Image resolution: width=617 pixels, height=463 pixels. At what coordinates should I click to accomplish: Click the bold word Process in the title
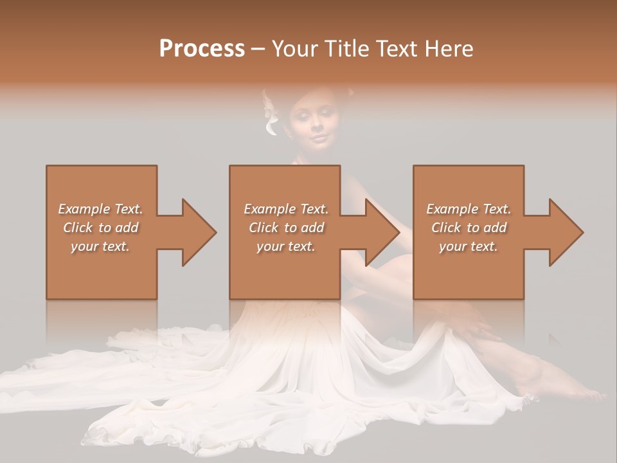click(x=202, y=49)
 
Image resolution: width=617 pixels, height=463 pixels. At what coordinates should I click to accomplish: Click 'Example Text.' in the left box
click(x=100, y=209)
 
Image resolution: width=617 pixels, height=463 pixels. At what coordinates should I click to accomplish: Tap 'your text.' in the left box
click(x=100, y=246)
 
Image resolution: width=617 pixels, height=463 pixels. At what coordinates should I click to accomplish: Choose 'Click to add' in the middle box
click(x=286, y=228)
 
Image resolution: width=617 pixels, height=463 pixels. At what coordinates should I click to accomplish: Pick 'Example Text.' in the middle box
click(x=286, y=209)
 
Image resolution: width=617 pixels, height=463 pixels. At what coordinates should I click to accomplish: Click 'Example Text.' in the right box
click(x=469, y=209)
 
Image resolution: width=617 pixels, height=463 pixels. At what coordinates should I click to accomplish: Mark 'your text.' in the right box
click(x=469, y=246)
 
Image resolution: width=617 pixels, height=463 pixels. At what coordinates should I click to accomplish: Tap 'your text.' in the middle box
click(x=286, y=246)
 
